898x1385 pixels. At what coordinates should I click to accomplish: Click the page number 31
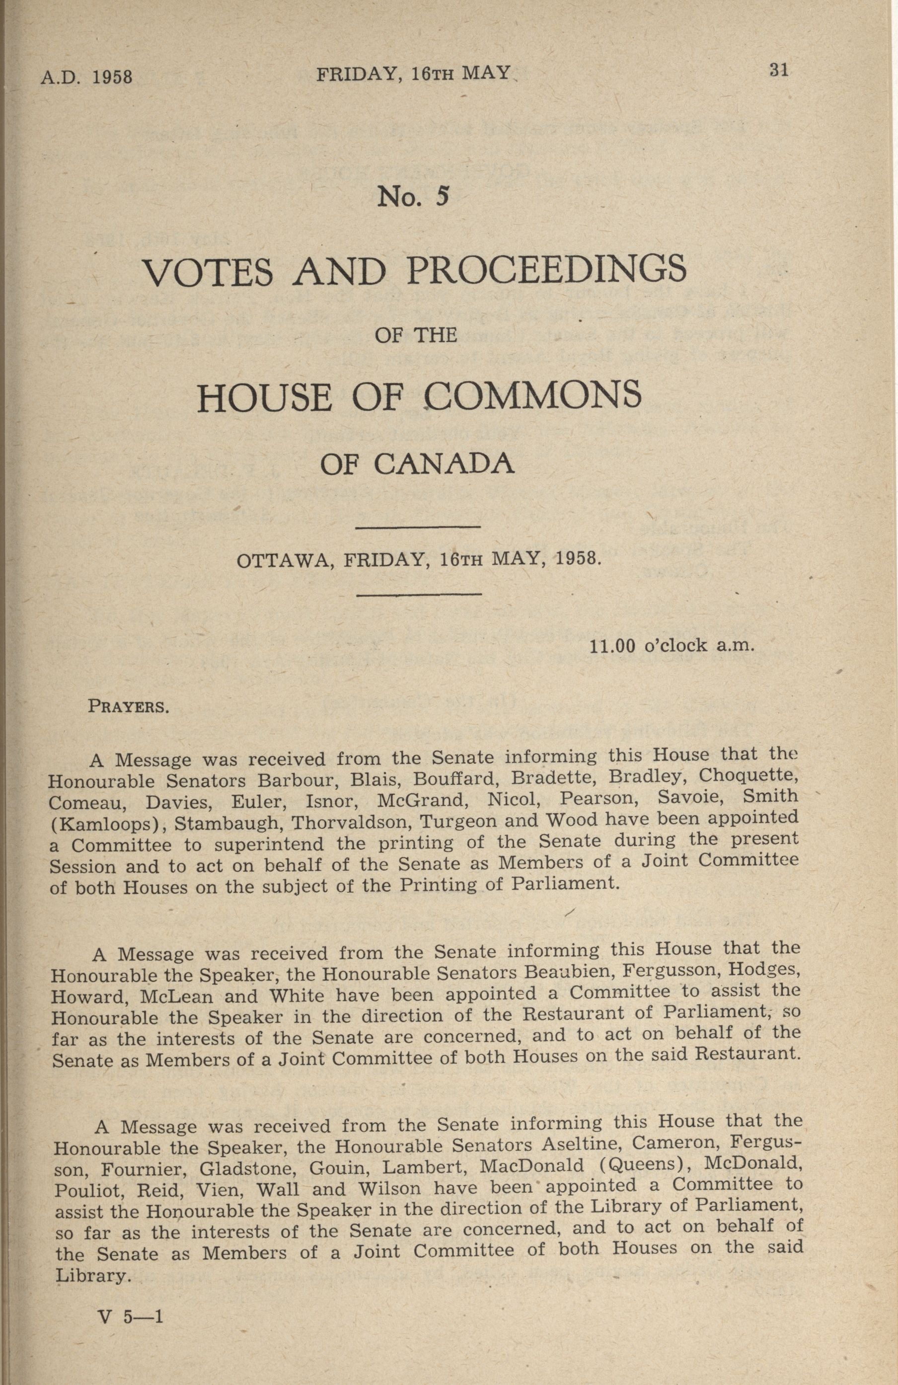click(x=778, y=71)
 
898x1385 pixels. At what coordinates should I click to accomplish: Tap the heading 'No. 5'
click(x=413, y=197)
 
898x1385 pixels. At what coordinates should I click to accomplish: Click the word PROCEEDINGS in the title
click(x=546, y=269)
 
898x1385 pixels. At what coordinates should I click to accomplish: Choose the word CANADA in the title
click(x=444, y=464)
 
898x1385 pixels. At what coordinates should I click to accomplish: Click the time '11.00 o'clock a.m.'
click(x=672, y=645)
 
